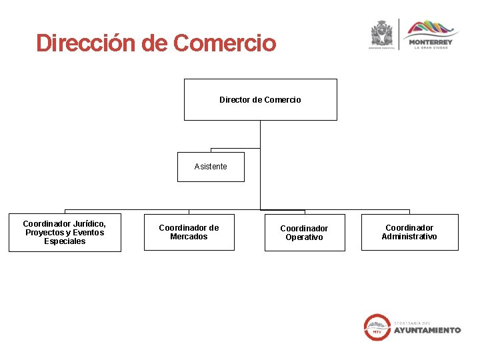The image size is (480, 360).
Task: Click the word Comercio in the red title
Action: click(224, 43)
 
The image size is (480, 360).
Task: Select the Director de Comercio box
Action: click(260, 99)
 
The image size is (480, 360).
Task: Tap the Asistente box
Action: click(211, 167)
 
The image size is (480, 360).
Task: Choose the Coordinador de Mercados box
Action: click(189, 232)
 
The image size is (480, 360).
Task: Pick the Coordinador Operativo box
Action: click(304, 233)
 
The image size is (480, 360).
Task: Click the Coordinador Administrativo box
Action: click(409, 232)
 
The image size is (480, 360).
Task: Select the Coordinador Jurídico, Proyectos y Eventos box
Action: click(65, 233)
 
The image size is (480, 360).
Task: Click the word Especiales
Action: click(65, 241)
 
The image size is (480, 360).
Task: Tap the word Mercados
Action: click(189, 237)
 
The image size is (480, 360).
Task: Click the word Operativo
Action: click(304, 237)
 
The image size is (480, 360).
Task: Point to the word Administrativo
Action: click(409, 237)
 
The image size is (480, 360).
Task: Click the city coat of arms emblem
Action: click(381, 33)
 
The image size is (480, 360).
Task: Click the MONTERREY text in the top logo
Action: click(430, 42)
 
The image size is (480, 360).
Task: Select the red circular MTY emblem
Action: click(377, 327)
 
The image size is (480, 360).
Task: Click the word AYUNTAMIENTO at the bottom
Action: click(427, 330)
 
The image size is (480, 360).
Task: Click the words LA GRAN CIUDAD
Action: click(430, 48)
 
